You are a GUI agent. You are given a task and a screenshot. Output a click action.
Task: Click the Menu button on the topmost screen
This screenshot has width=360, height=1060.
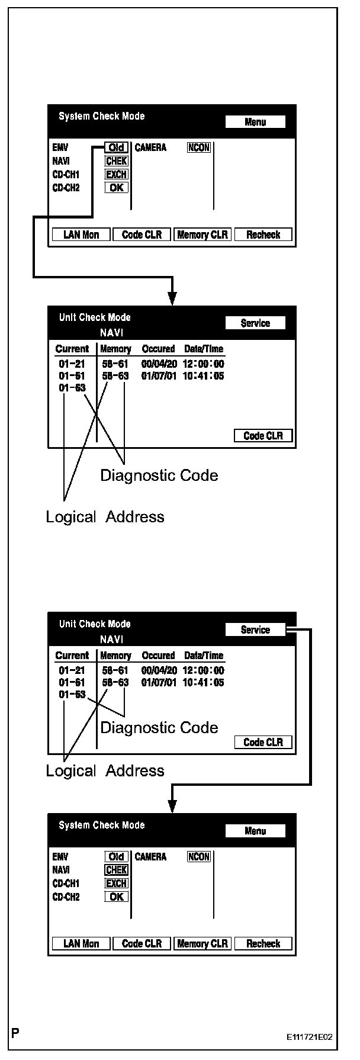255,122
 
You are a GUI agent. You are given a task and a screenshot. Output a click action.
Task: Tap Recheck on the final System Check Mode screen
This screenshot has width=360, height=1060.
263,943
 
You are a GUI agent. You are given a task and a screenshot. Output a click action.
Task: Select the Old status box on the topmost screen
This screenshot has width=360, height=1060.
117,147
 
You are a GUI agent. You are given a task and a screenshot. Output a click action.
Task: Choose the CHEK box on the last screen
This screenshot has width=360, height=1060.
117,870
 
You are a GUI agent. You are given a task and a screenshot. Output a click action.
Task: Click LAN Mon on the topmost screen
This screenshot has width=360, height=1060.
81,235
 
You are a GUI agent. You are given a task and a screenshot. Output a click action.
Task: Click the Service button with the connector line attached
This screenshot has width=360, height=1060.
255,630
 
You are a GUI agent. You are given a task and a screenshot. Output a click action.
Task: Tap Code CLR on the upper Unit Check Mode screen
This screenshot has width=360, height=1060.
263,436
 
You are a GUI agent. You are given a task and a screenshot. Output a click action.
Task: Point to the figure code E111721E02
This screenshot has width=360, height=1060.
309,1037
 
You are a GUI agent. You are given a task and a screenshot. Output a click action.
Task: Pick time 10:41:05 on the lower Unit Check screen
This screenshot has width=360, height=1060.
204,682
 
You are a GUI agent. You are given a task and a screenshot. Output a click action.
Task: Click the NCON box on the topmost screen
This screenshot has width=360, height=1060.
199,147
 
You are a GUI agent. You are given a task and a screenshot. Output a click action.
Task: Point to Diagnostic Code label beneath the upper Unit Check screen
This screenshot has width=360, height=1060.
159,475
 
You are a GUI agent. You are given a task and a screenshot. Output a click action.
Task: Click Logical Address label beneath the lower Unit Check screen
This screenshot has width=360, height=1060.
105,770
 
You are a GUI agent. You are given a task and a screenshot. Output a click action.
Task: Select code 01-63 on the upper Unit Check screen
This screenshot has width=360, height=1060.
72,387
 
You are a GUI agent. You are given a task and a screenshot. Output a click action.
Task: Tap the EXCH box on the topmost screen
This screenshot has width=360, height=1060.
117,174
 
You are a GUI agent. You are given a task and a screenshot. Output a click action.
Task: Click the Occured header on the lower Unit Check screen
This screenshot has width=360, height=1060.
158,656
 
